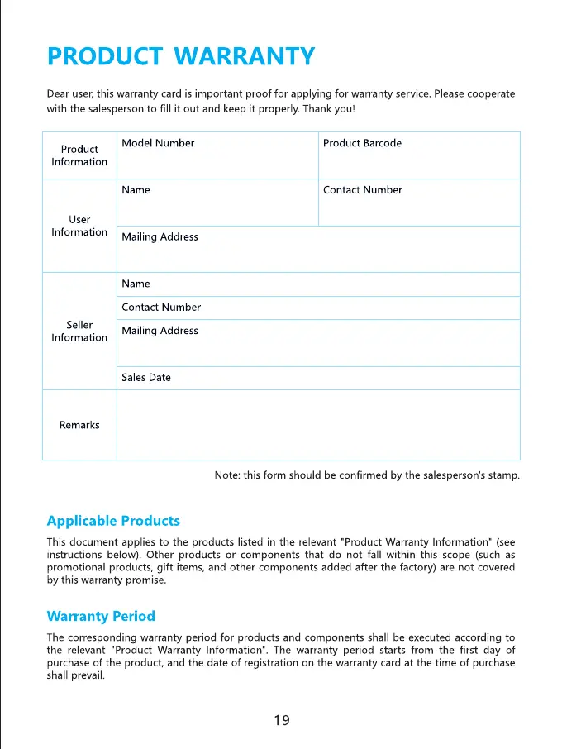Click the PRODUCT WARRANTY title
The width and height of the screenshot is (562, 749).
(181, 56)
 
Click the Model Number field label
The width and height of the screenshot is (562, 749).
(158, 143)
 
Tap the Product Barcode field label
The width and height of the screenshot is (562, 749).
(362, 143)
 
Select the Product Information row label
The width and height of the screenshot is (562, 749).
(79, 155)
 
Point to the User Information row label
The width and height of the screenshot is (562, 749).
(79, 226)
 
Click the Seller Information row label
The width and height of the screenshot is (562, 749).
(79, 331)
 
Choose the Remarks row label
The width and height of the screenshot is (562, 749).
(79, 425)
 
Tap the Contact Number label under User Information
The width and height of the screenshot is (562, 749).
(362, 190)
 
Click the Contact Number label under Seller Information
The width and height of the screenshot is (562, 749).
(161, 308)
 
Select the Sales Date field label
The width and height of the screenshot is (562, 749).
(146, 378)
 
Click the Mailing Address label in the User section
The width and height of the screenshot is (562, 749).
(160, 237)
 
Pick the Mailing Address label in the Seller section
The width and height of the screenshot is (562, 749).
(160, 331)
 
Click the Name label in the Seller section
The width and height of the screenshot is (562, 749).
(136, 284)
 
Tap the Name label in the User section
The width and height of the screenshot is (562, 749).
(136, 190)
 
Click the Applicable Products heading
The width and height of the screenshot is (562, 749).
(113, 521)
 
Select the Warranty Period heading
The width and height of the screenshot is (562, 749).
(101, 616)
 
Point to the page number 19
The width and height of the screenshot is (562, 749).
(281, 720)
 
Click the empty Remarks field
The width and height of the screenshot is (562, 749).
(318, 425)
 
